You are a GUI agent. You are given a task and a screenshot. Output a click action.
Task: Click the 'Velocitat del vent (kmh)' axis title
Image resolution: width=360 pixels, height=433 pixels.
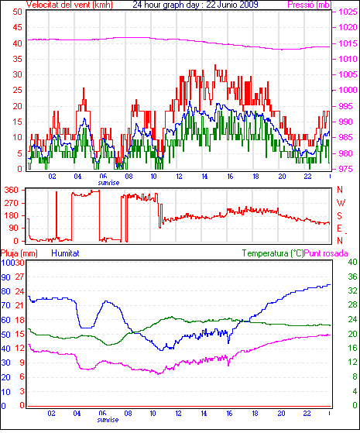(69, 5)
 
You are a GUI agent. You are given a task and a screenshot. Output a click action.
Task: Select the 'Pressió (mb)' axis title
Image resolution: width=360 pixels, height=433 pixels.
(310, 5)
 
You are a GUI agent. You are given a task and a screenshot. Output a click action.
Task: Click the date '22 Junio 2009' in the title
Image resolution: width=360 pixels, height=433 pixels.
(232, 5)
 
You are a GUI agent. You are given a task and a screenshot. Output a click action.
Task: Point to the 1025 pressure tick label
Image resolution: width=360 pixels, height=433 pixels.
(348, 12)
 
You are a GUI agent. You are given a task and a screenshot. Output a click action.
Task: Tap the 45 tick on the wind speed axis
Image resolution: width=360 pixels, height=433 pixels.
(17, 27)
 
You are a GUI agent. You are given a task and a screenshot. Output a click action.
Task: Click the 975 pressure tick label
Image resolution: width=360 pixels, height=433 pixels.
(345, 169)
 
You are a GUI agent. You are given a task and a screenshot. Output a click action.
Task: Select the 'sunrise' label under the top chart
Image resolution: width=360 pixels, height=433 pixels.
(108, 183)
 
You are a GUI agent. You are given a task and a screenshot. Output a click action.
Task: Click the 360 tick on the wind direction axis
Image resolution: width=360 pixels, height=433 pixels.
(11, 190)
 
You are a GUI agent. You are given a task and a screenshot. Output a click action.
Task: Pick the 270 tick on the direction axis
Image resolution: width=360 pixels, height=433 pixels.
(11, 203)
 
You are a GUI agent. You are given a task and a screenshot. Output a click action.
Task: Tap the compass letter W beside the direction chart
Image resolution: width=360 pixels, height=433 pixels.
(341, 203)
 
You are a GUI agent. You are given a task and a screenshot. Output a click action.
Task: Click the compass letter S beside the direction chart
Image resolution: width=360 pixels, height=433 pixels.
(340, 215)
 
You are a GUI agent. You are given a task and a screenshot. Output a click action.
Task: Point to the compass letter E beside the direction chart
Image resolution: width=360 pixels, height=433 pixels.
(340, 229)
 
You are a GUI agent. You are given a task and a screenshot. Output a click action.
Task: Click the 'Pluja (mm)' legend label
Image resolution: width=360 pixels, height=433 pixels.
(19, 253)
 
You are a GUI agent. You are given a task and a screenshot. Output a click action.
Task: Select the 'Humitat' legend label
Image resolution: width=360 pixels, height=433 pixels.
(66, 253)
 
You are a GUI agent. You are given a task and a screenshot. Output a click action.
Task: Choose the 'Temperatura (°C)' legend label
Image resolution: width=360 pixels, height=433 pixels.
(273, 253)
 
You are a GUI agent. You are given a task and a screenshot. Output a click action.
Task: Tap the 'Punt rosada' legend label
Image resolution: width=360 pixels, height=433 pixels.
(326, 253)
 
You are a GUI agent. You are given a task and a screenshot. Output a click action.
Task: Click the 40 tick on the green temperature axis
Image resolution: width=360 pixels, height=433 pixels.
(352, 262)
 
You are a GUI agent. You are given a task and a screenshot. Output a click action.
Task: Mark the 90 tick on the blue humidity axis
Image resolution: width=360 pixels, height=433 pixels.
(5, 277)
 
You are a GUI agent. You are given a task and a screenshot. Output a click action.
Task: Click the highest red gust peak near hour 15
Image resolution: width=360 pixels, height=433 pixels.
(215, 65)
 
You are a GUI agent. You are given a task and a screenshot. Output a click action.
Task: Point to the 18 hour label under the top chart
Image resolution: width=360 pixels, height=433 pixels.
(255, 176)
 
